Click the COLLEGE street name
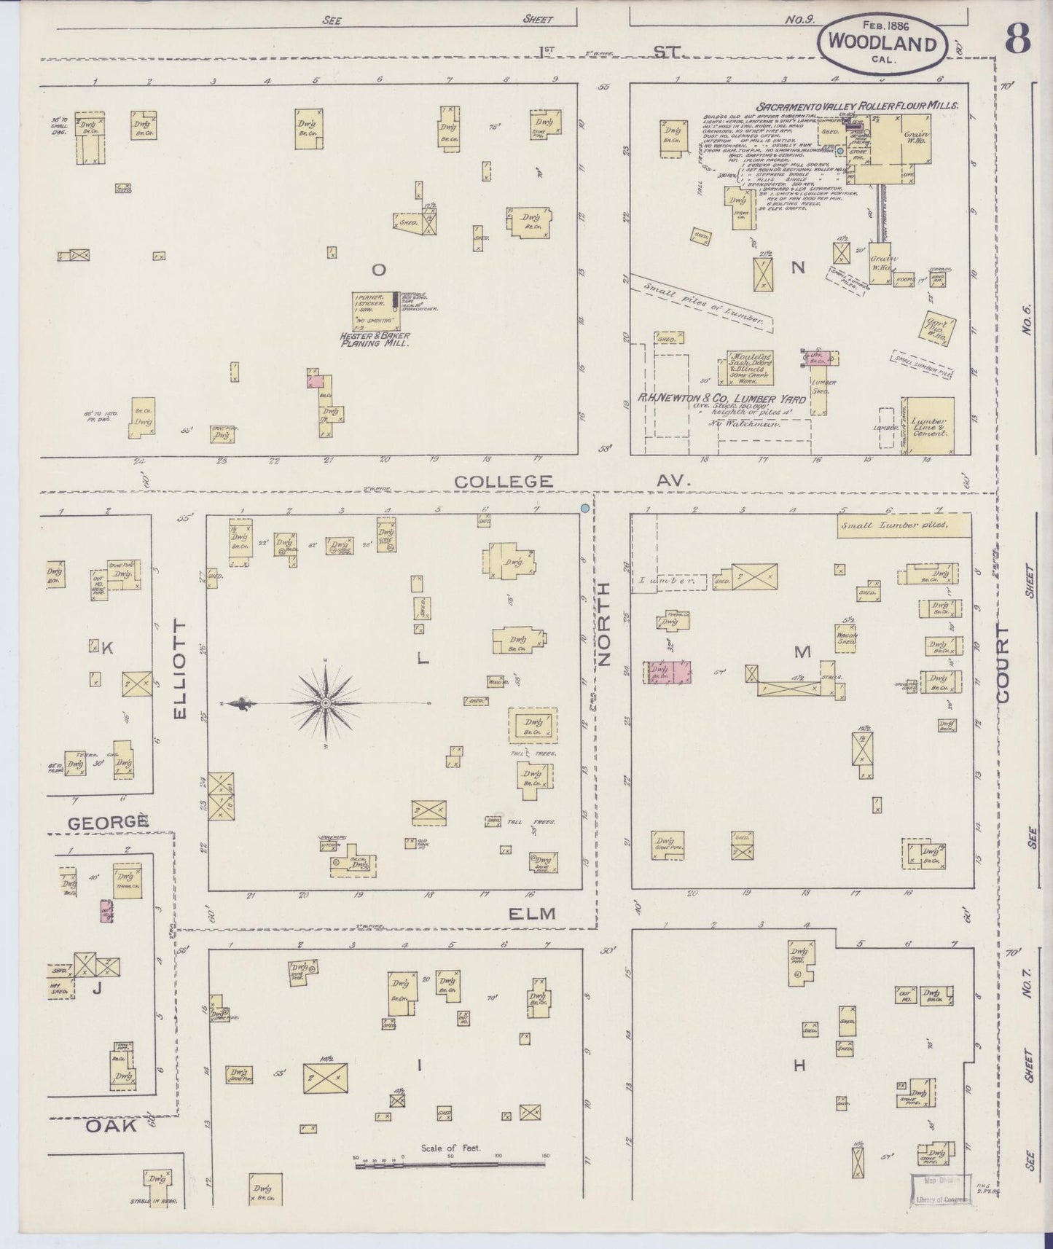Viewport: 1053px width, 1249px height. [x=504, y=481]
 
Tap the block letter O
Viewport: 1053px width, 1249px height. [x=378, y=270]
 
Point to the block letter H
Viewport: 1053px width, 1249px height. [x=799, y=1065]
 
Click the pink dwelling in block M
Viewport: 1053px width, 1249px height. [x=668, y=672]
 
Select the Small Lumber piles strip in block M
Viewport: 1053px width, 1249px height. [x=904, y=525]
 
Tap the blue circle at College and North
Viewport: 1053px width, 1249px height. [x=584, y=508]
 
